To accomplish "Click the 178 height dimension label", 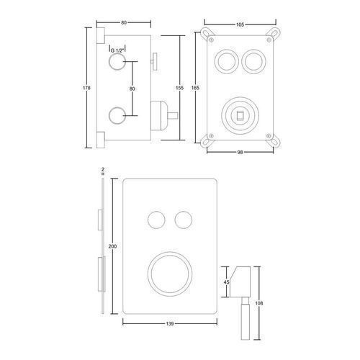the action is [86, 88].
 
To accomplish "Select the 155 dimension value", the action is [179, 88].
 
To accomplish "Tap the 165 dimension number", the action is [195, 88].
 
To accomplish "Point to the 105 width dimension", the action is [240, 24].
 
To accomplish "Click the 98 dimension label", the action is [240, 152].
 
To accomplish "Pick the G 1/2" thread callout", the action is [117, 50].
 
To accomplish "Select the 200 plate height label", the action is [112, 246].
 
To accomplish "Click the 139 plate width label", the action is [170, 324].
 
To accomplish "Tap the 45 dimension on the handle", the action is [226, 282].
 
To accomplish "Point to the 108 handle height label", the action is [259, 303].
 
